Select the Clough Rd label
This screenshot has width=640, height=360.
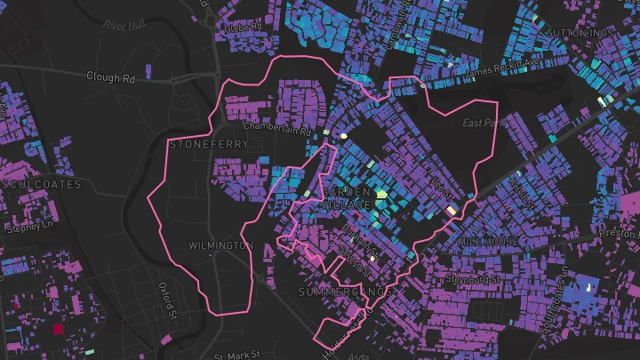pos(110,77)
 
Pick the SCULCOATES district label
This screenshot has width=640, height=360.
pos(43,184)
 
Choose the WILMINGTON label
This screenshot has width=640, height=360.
pos(221,244)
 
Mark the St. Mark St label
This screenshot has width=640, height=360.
pos(243,355)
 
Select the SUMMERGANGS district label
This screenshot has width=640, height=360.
pos(344,292)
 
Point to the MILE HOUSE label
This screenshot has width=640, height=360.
pos(487,242)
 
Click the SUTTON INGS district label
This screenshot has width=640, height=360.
pos(581,33)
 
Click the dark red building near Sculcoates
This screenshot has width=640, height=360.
pos(59,329)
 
